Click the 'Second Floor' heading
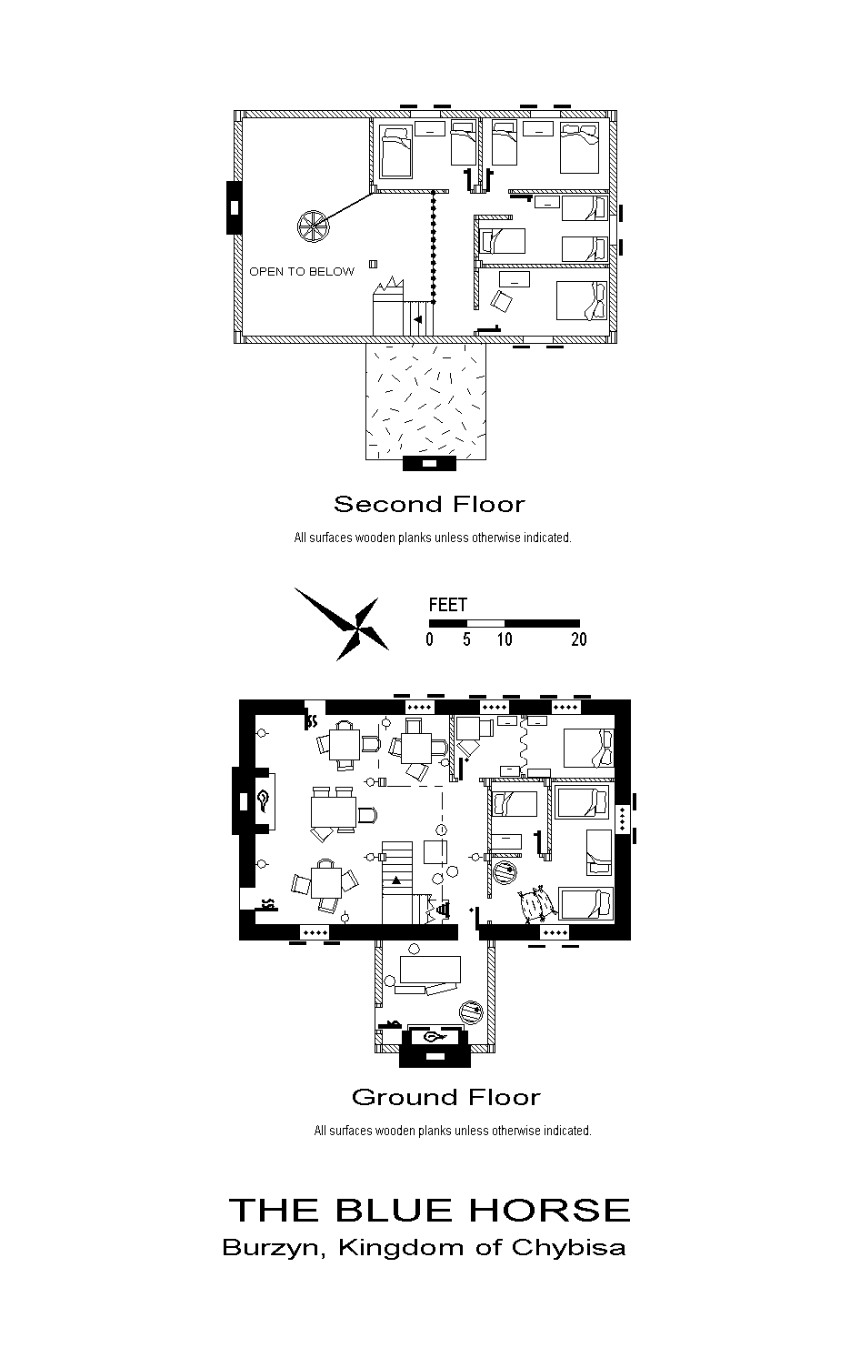pos(429,505)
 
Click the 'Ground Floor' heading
pos(446,1098)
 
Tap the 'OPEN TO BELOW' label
pos(302,272)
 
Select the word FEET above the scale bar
pos(447,605)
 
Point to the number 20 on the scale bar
pos(578,639)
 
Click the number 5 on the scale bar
pos(467,639)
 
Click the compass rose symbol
pos(341,624)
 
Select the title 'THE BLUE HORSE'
pos(429,1210)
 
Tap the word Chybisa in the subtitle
pos(568,1248)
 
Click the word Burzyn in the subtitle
pos(271,1248)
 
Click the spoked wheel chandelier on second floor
pos(313,226)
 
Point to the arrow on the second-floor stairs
pos(418,318)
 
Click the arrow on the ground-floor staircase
pos(396,880)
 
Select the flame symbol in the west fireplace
pos(264,800)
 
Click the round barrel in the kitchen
pos(471,1012)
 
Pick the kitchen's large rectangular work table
pos(430,969)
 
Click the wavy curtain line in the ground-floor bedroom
pos(523,746)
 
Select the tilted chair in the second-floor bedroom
pos(503,301)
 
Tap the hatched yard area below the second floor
pos(426,400)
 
